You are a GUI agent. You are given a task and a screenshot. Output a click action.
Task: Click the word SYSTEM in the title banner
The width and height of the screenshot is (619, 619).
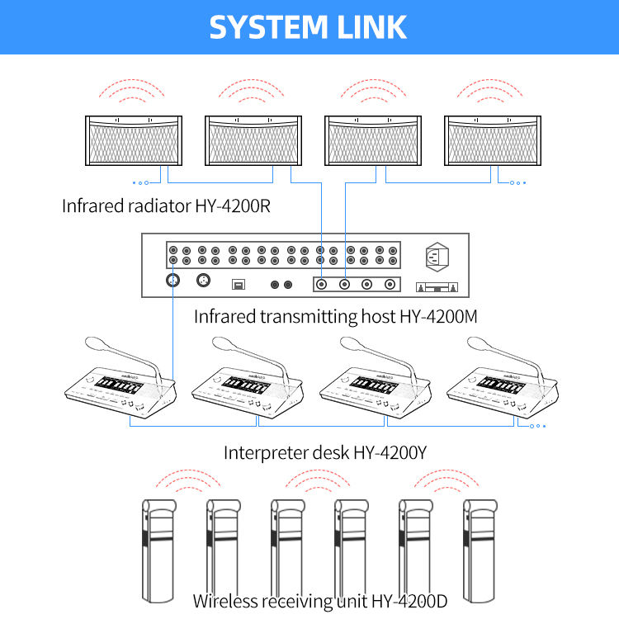pyautogui.click(x=268, y=27)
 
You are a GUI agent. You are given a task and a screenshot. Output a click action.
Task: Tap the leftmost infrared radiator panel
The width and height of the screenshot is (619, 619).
pyautogui.click(x=134, y=140)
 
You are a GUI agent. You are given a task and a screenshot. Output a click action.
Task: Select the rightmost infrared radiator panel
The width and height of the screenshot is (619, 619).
pyautogui.click(x=493, y=140)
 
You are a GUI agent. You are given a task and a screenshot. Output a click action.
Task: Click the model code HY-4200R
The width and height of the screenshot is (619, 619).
pyautogui.click(x=233, y=206)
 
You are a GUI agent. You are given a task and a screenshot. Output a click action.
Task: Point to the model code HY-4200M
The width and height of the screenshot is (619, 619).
pyautogui.click(x=438, y=316)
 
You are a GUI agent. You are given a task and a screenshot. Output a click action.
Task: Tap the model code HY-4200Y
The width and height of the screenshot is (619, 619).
pyautogui.click(x=390, y=452)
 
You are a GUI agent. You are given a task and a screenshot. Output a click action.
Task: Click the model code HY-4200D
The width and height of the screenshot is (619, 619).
pyautogui.click(x=409, y=601)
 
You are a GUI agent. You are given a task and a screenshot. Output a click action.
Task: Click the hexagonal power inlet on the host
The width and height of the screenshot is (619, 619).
pyautogui.click(x=437, y=257)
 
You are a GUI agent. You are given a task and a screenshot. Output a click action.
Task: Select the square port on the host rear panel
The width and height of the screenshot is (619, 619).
pyautogui.click(x=238, y=284)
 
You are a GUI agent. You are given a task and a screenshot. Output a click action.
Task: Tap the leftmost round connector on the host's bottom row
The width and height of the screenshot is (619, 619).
pyautogui.click(x=173, y=281)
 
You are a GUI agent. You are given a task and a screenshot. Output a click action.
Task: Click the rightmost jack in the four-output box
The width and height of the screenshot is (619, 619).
pyautogui.click(x=390, y=284)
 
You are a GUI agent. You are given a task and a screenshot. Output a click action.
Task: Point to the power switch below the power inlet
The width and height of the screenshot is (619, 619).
pyautogui.click(x=437, y=287)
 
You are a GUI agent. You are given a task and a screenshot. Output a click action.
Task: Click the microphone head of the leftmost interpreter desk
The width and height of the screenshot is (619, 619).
pyautogui.click(x=97, y=343)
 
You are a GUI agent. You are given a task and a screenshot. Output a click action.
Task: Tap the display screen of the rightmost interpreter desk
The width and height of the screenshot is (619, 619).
pyautogui.click(x=501, y=385)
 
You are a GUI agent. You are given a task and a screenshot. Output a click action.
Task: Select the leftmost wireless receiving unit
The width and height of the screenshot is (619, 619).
pyautogui.click(x=158, y=550)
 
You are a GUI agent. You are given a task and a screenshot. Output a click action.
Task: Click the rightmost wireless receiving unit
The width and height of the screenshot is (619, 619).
pyautogui.click(x=480, y=550)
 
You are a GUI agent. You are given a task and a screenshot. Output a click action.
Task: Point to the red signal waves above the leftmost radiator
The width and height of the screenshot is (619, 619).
pyautogui.click(x=131, y=91)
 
